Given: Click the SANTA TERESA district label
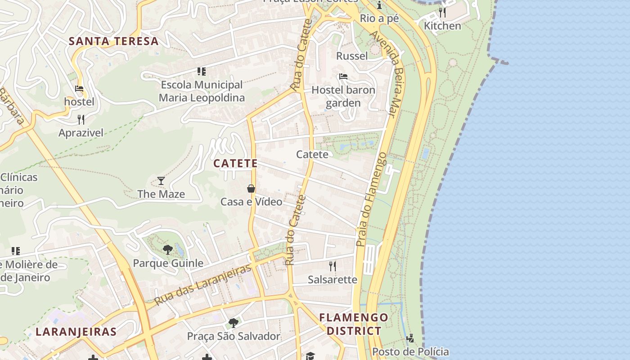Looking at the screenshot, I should click(x=113, y=41).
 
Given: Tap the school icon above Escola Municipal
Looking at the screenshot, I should click(x=202, y=71).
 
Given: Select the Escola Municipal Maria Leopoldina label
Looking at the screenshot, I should click(x=202, y=91).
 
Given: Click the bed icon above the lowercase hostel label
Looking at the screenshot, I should click(x=79, y=89).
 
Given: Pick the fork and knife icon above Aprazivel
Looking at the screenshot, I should click(x=81, y=119).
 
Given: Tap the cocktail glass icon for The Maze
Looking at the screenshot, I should click(x=161, y=181).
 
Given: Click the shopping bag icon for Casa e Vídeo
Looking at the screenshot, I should click(x=251, y=189).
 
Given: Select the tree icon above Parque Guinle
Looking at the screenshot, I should click(x=167, y=249).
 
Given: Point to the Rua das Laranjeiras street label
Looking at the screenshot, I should click(x=202, y=285).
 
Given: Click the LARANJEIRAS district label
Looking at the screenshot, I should click(x=76, y=332).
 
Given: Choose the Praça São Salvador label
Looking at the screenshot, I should click(x=234, y=336).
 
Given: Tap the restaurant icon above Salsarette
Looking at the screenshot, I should click(x=333, y=266).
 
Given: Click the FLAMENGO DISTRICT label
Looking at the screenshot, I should click(x=354, y=324).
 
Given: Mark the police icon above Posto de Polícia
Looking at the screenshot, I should click(x=410, y=338).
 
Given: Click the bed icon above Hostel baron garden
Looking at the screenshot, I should click(x=343, y=76).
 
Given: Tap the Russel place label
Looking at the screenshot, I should click(x=352, y=56).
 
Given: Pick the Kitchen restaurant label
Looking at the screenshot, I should click(x=443, y=26).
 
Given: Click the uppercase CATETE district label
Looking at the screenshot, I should click(x=235, y=163).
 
